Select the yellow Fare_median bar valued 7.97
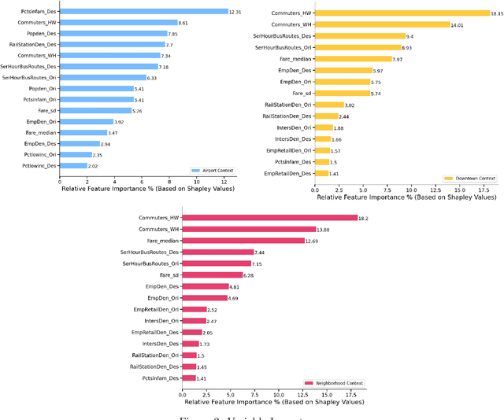click(353, 58)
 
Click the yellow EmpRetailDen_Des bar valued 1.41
click(322, 172)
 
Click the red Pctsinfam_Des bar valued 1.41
click(189, 378)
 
